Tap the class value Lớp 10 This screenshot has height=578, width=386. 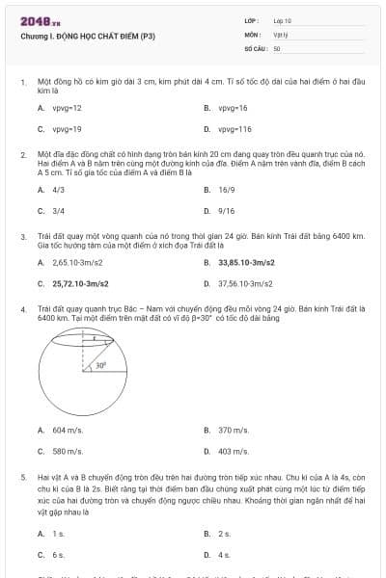[282, 19]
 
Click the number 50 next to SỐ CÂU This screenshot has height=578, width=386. [277, 46]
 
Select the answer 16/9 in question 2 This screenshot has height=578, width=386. [227, 190]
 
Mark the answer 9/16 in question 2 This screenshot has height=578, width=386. [227, 210]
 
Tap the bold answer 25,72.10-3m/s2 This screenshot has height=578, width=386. [80, 284]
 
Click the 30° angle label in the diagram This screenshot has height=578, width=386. [100, 366]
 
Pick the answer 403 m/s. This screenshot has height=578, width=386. [234, 451]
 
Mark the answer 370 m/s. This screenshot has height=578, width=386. [234, 430]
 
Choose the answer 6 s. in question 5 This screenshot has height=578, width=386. [58, 555]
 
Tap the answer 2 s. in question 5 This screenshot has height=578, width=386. [224, 534]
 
